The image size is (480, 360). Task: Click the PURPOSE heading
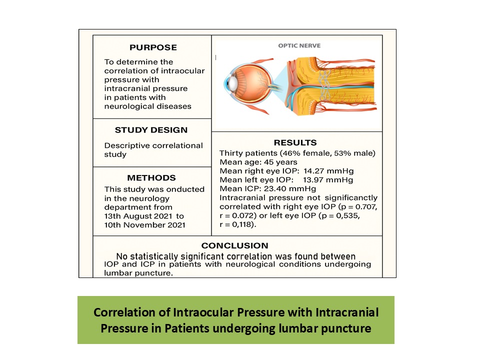click(x=153, y=47)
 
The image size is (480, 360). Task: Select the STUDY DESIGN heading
click(x=151, y=130)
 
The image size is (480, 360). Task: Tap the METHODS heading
click(x=151, y=178)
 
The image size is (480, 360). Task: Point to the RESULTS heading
click(x=295, y=142)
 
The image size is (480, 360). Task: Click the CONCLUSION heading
click(x=235, y=245)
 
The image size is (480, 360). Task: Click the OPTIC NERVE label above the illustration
click(x=299, y=45)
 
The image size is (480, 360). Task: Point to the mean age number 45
click(x=268, y=162)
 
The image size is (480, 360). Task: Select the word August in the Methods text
click(x=137, y=216)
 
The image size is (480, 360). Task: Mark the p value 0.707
click(x=365, y=206)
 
